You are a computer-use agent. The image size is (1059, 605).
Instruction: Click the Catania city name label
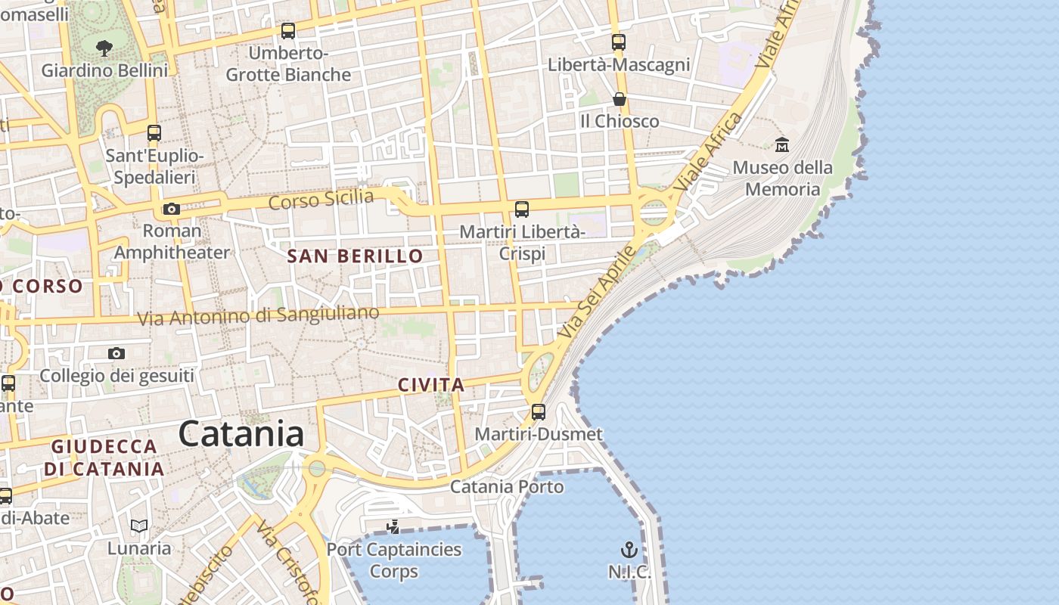point(241,434)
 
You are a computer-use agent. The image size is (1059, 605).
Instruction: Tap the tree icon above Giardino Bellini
point(104,48)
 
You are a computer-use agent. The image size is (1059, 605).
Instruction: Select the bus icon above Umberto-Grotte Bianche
point(287,31)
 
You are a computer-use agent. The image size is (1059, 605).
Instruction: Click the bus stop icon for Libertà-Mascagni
point(619,42)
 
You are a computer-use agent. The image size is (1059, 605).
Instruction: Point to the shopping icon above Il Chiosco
point(619,99)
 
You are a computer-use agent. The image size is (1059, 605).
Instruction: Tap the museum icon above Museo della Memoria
point(782,144)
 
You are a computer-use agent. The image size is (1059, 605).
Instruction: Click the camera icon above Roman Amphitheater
point(172,209)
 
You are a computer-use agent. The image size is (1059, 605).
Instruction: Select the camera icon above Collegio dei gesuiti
point(116,353)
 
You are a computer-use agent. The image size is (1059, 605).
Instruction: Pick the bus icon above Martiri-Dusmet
point(539,412)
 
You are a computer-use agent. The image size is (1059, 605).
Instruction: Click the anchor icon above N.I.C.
point(629,550)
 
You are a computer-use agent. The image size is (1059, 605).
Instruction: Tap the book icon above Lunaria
point(139,526)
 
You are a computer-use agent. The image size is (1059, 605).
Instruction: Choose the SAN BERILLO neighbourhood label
point(356,256)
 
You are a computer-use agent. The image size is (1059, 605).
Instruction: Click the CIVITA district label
point(431,385)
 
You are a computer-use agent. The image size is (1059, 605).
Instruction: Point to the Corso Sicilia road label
point(321,200)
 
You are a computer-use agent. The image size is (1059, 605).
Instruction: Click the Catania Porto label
point(507,486)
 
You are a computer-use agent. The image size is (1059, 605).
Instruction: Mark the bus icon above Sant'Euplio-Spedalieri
point(154,133)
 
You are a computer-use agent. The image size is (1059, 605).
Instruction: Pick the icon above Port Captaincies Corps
point(393,526)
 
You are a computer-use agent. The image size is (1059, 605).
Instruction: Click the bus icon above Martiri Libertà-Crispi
point(522,209)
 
